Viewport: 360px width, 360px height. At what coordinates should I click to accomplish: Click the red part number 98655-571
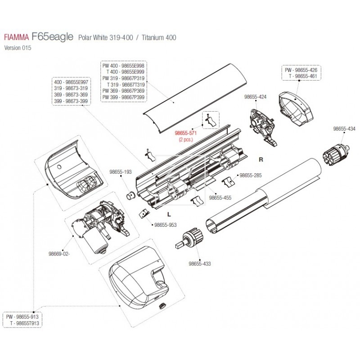185,134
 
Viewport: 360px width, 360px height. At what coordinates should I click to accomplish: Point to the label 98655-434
344,128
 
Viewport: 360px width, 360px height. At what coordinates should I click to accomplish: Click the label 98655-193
121,171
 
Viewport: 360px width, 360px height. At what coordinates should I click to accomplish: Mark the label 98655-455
220,198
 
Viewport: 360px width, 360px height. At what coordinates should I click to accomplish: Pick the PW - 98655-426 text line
301,71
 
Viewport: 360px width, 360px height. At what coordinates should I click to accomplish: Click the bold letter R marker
261,159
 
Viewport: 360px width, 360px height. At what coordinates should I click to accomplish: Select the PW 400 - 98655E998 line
123,66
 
